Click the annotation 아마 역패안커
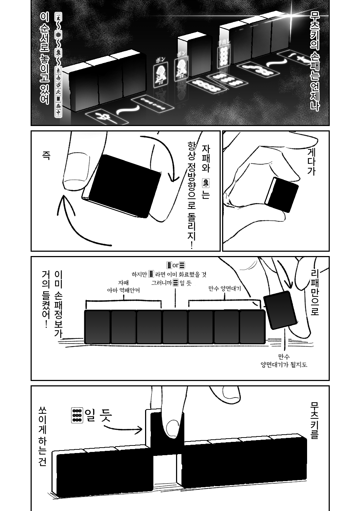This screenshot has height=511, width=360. click(123, 290)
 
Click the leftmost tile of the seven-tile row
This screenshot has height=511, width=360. click(97, 327)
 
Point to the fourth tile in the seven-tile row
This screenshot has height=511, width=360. click(175, 327)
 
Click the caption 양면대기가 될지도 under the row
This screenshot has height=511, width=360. click(284, 364)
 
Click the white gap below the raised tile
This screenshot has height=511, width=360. click(165, 468)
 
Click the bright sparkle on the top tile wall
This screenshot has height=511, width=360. click(290, 16)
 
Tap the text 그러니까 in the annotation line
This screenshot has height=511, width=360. click(162, 283)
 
